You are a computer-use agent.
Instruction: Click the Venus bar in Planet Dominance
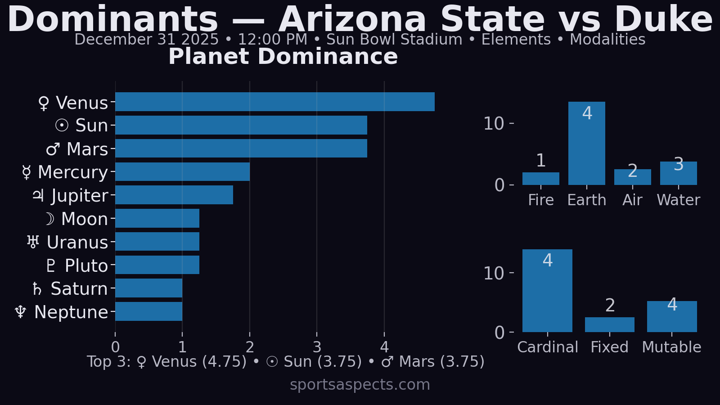274,102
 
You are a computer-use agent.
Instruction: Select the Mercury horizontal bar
182,172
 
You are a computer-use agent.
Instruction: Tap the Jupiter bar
174,195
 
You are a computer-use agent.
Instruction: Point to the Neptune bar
148,311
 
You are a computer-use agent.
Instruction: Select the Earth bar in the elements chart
586,143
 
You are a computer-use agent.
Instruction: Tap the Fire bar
540,179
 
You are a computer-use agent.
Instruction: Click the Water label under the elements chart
678,200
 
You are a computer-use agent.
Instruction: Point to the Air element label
632,200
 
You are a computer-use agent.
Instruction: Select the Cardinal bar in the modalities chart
547,291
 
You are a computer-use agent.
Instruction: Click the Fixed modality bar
609,324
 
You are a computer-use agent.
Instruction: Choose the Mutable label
671,347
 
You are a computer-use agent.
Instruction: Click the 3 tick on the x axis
317,347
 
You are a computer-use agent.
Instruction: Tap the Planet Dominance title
283,57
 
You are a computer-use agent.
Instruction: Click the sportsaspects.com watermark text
360,385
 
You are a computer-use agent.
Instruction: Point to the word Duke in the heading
663,20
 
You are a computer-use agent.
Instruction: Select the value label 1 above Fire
541,161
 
